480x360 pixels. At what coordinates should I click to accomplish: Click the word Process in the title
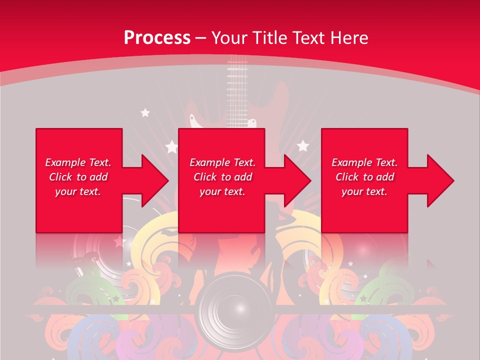157,38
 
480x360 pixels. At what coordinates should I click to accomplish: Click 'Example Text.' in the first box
78,162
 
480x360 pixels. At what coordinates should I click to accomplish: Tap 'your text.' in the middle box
222,191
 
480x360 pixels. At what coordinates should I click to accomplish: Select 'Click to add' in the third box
364,177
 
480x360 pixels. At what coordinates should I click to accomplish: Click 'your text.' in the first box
78,191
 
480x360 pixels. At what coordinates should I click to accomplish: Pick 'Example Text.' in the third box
364,162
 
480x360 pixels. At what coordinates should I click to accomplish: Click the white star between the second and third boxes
302,146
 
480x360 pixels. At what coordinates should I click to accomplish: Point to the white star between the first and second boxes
171,147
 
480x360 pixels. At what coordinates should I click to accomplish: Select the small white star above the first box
145,113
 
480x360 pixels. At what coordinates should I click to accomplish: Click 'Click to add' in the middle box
222,177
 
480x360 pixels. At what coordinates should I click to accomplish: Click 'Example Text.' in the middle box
222,162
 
